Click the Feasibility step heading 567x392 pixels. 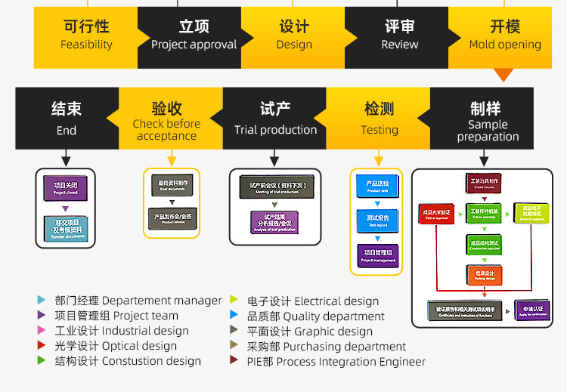[x=85, y=35]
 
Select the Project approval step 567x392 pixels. [x=194, y=35]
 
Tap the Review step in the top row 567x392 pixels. [x=399, y=35]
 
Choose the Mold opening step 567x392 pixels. [x=504, y=35]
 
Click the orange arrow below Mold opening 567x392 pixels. [x=503, y=75]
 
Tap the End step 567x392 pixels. [x=67, y=119]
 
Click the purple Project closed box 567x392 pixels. [x=66, y=187]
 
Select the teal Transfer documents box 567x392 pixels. [x=66, y=229]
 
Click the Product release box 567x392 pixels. [x=173, y=218]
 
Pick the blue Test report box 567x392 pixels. [x=377, y=220]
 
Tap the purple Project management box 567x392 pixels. [x=377, y=255]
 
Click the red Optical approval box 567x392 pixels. [x=436, y=215]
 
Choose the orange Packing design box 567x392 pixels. [x=485, y=274]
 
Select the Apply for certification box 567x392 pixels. [x=532, y=310]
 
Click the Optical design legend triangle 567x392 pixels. [x=42, y=346]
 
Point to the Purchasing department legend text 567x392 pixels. [x=327, y=347]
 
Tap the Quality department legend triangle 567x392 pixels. [x=234, y=316]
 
